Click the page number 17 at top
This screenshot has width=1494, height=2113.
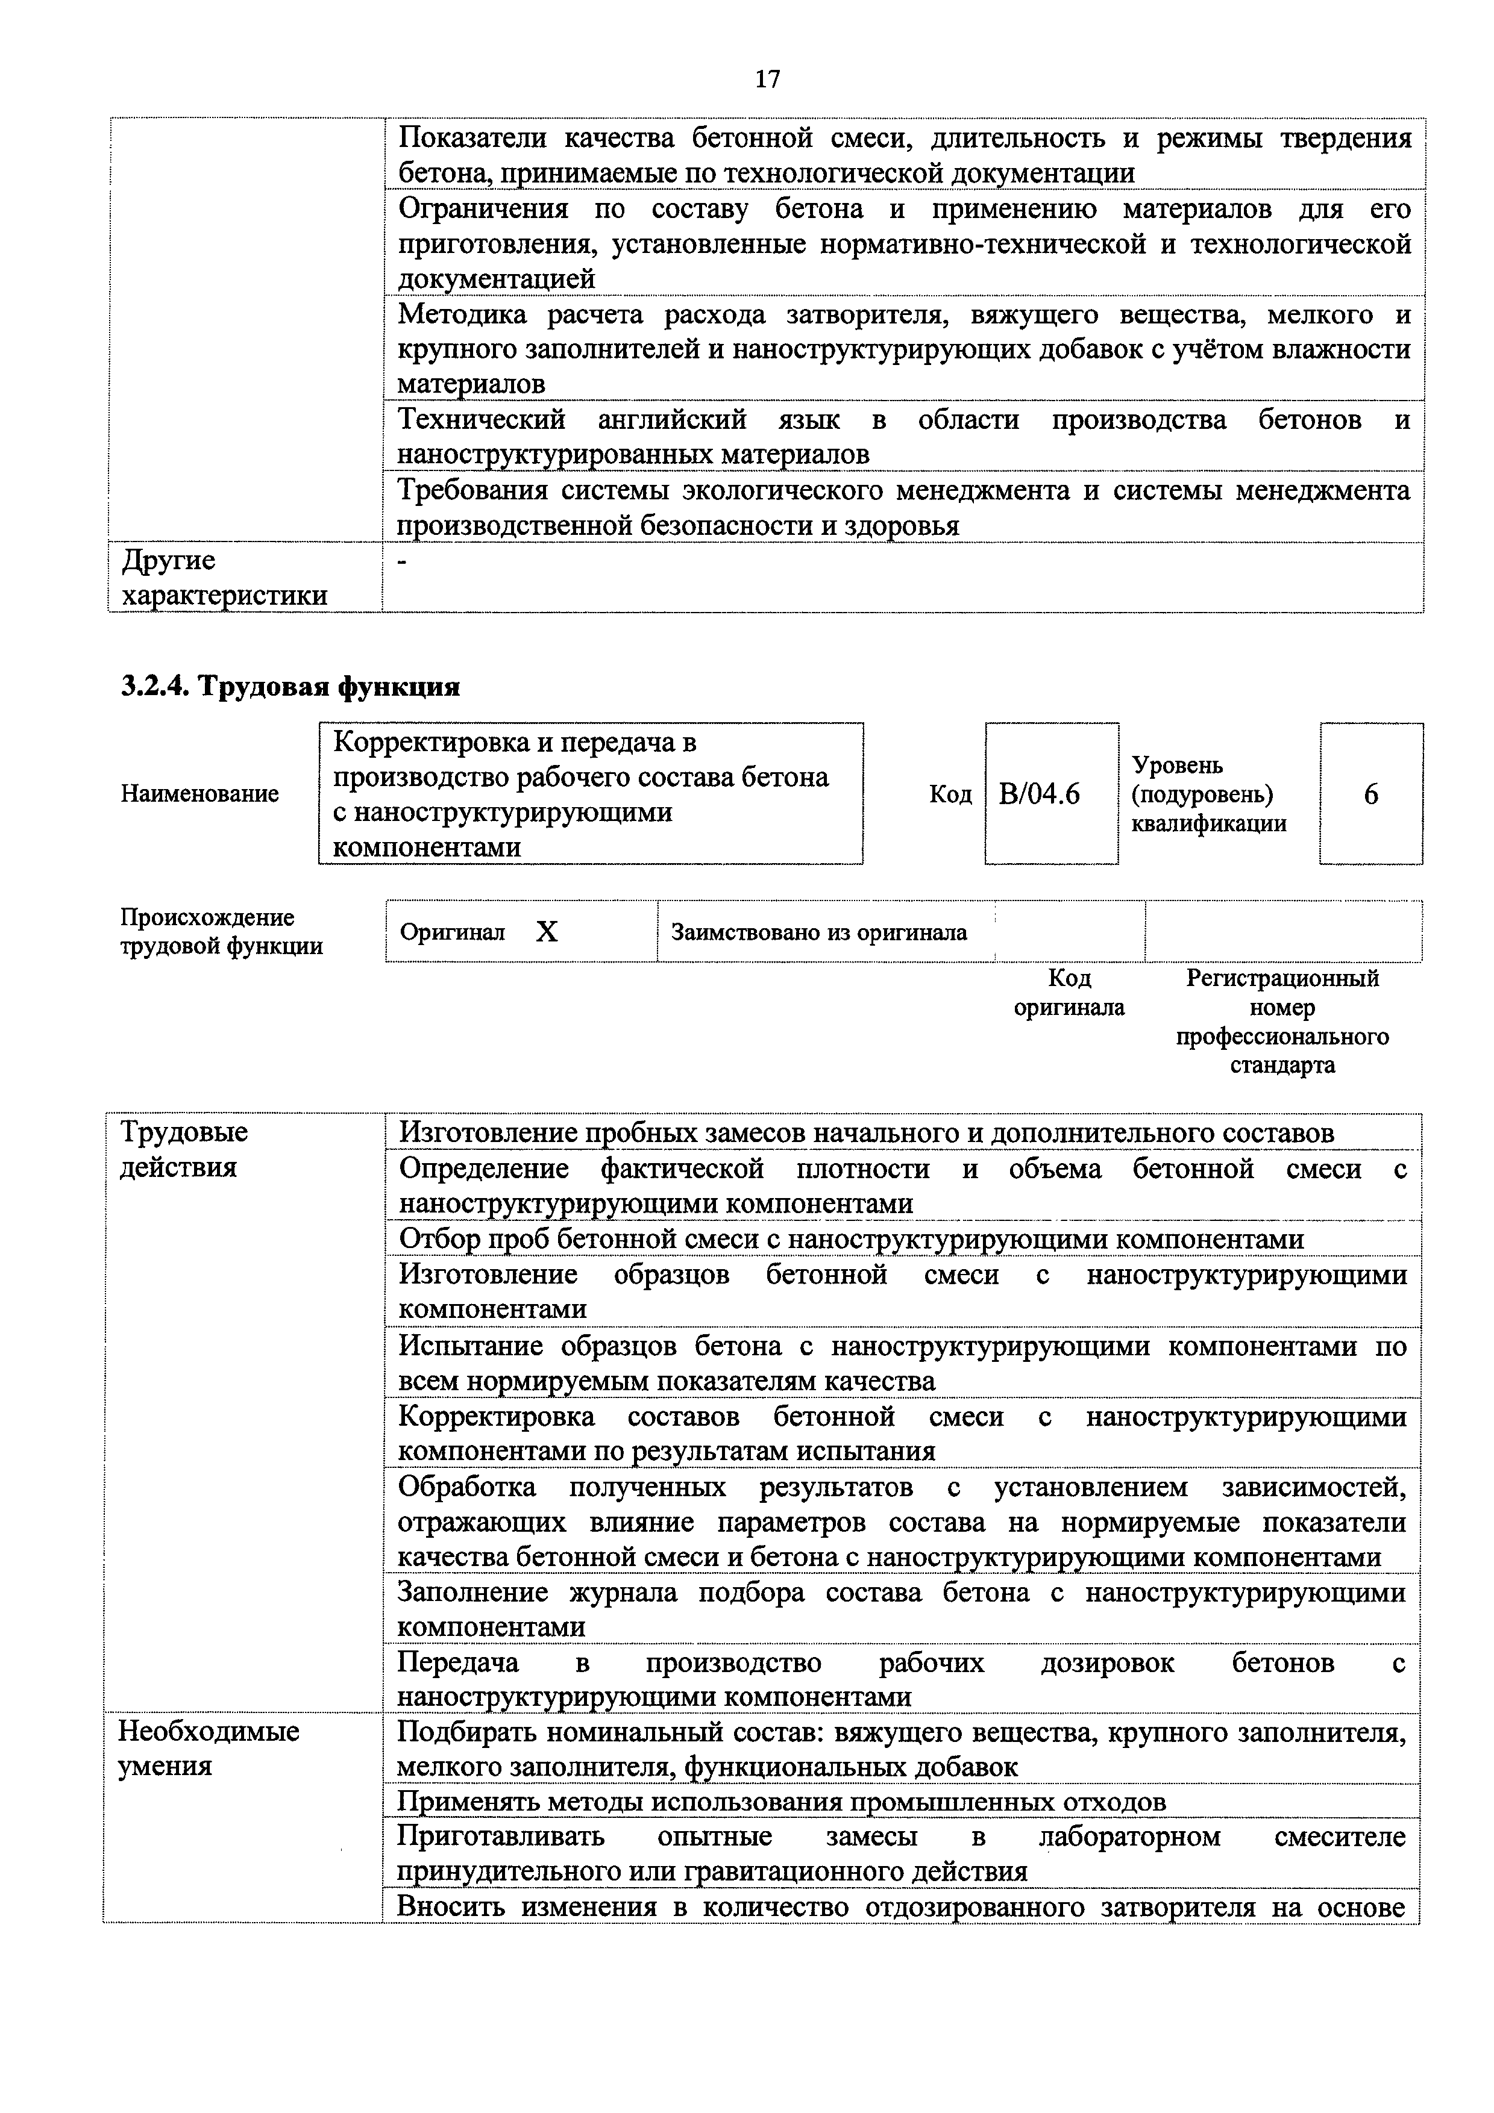(767, 80)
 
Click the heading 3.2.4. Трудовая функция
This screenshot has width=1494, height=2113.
(290, 687)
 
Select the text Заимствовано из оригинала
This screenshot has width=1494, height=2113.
(818, 933)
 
